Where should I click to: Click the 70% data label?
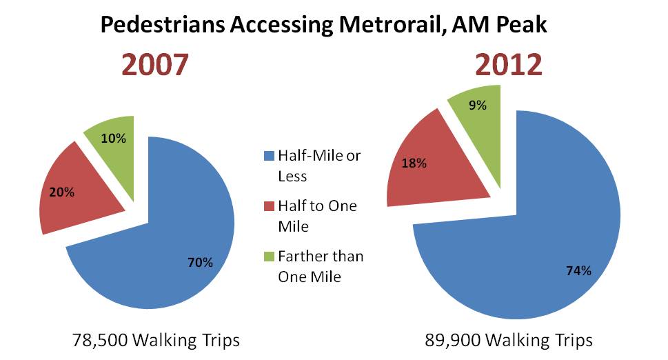pos(201,262)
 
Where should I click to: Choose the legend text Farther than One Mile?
pos(320,266)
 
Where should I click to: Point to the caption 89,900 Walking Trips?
pos(509,340)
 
